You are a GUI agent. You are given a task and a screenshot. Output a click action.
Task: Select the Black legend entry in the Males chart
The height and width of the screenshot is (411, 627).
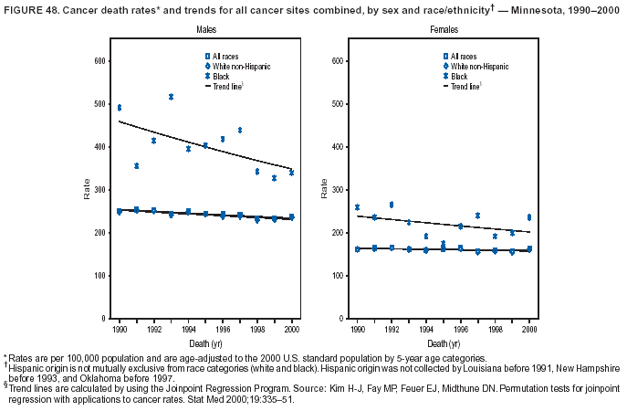pos(222,77)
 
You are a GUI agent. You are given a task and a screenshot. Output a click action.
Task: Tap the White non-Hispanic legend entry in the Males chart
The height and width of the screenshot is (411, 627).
pos(239,67)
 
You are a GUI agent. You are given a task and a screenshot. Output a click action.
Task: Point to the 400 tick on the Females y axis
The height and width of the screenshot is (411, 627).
pos(337,146)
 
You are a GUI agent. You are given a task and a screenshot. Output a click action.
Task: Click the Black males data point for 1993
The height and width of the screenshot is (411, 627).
pos(171,97)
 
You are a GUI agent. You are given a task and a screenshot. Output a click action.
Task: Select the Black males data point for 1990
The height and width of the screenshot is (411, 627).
pos(119,108)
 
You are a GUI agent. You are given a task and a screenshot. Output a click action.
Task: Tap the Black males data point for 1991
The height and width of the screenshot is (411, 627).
pos(136,165)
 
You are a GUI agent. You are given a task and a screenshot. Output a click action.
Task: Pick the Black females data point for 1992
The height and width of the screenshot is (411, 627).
pos(392,205)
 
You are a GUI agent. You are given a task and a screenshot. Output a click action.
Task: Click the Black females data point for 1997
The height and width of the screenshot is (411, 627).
pos(477,216)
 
